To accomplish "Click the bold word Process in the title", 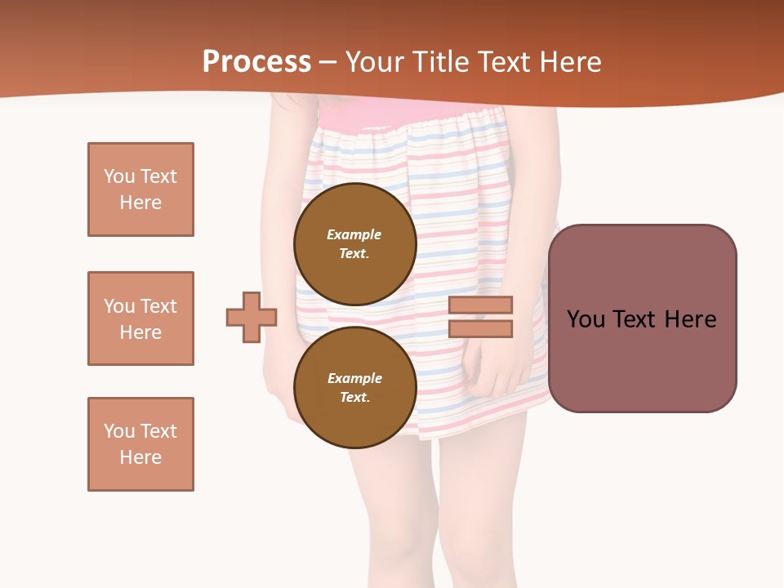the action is [x=256, y=62].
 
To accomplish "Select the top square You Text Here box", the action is [x=140, y=189].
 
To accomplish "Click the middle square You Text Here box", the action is [x=140, y=318].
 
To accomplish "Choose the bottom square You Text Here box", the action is [x=140, y=444].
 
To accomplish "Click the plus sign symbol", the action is [x=252, y=317].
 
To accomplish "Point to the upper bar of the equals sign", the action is [x=481, y=305].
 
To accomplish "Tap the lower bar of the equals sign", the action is [x=481, y=328].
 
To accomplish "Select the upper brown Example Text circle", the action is [x=354, y=243].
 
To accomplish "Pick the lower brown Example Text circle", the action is [x=354, y=387].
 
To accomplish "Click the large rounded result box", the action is [x=642, y=318].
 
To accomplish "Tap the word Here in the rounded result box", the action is [x=690, y=319].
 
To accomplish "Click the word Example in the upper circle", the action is [x=354, y=234].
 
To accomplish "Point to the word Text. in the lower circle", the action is [x=354, y=397].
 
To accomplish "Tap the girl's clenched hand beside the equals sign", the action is [x=498, y=367].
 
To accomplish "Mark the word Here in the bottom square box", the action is [x=140, y=457].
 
